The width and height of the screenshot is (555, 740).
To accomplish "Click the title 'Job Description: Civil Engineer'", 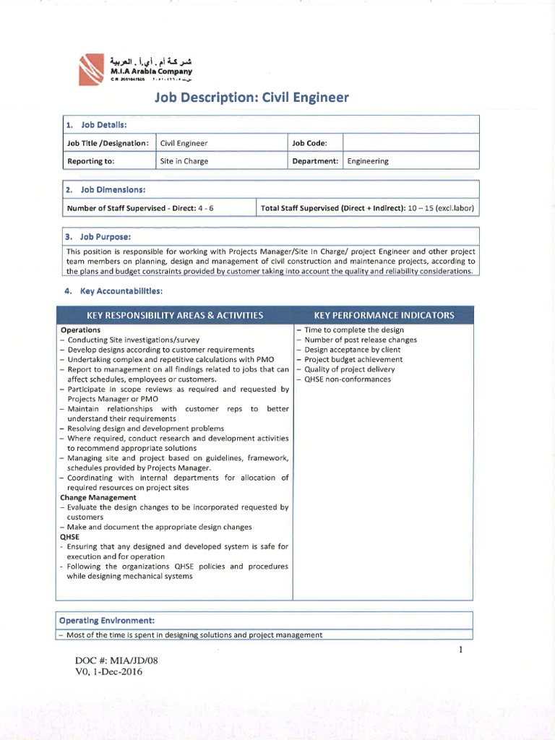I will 251,97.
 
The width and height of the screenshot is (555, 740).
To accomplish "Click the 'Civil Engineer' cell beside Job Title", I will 184,143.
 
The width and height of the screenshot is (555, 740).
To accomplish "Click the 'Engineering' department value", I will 368,161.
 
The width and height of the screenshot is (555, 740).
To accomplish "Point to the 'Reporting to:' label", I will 90,161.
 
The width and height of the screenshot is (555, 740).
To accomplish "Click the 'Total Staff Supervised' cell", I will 367,208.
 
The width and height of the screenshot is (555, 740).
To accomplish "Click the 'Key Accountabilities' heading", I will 114,291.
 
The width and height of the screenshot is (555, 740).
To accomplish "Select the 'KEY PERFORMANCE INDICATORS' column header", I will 384,316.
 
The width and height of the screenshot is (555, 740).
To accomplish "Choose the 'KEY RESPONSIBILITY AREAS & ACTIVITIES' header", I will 174,316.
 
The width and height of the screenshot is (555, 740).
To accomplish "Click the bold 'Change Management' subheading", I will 98,497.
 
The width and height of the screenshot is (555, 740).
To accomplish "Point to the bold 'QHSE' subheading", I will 70,537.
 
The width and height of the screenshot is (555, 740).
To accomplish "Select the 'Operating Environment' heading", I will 107,621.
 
